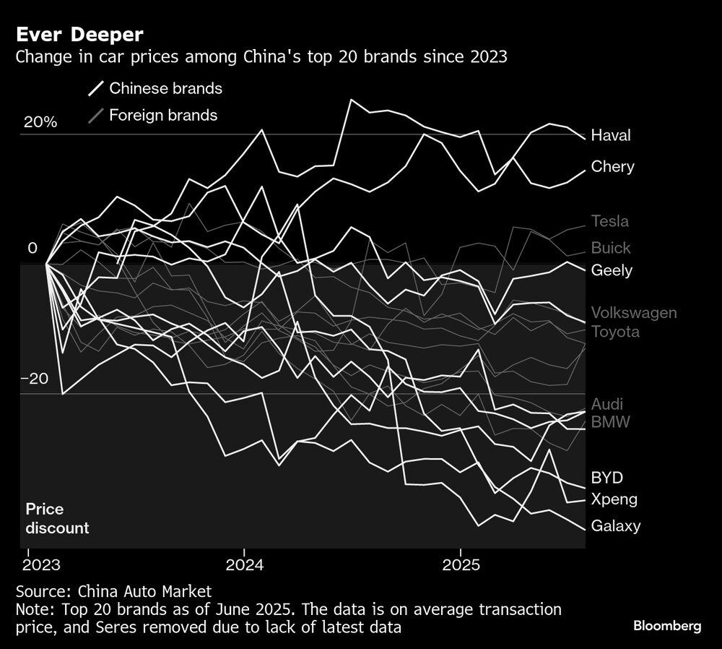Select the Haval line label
[610, 135]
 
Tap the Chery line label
[612, 167]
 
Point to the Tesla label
[609, 221]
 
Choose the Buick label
[610, 248]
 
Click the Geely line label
[612, 270]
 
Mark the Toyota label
[614, 332]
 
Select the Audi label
[606, 404]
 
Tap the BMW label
[609, 421]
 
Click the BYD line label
[606, 478]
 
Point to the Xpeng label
[613, 499]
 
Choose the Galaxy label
[615, 525]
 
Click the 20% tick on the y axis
[40, 122]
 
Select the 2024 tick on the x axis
[244, 564]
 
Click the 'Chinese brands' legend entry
[165, 89]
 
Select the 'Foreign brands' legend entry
[162, 115]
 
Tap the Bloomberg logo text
[667, 626]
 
